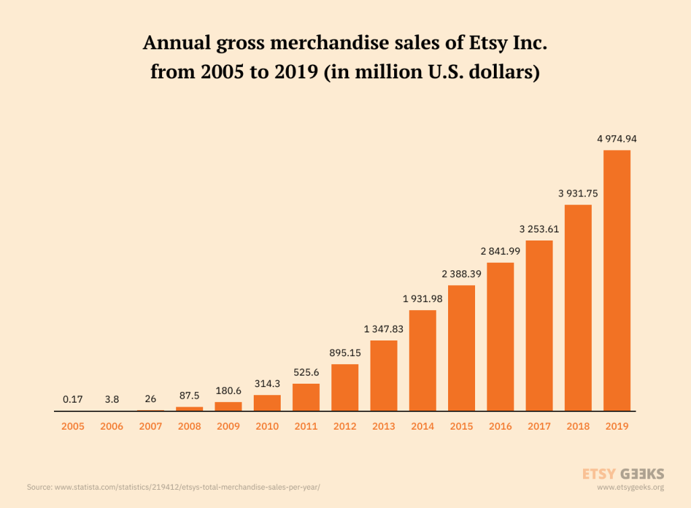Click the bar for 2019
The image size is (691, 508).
[x=617, y=280]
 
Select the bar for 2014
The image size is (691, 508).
[x=422, y=360]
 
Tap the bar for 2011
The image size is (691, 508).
[x=306, y=397]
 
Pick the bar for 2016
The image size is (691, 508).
[x=500, y=336]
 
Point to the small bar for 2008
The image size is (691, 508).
[x=190, y=409]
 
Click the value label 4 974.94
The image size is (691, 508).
[x=617, y=138]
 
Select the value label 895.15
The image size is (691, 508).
[x=345, y=353]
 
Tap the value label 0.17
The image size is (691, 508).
[x=73, y=399]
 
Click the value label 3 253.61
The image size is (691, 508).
[x=539, y=228]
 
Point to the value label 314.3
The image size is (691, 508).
[x=267, y=383]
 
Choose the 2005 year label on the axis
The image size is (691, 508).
[x=73, y=426]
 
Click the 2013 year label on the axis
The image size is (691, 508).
[x=383, y=426]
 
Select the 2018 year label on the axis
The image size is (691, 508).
[x=578, y=426]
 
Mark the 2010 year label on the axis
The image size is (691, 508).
[x=267, y=426]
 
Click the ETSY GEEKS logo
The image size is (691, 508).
[x=623, y=474]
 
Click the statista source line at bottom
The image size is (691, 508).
[x=173, y=487]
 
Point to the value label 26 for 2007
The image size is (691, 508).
[x=150, y=399]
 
